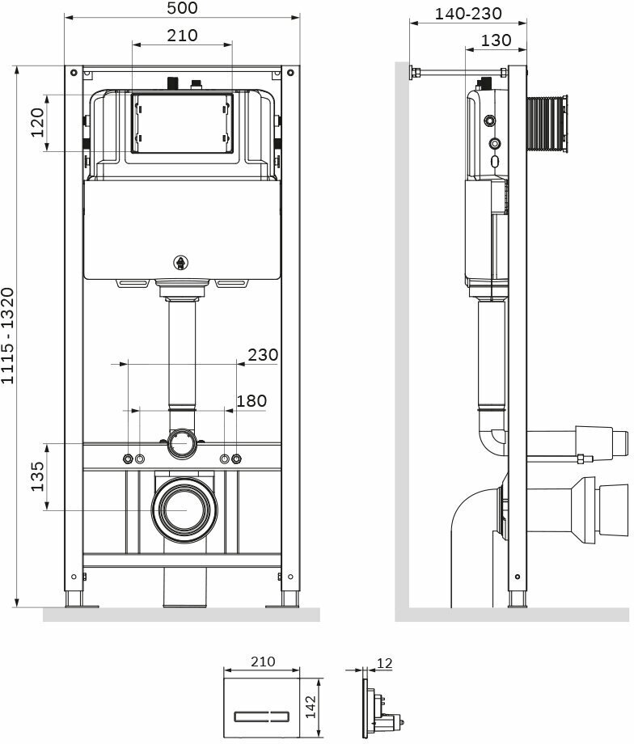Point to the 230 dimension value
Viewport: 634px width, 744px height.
[262, 354]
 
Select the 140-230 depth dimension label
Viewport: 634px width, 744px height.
[468, 13]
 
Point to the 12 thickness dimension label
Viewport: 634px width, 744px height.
[384, 663]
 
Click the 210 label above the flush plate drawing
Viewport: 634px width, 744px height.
[262, 661]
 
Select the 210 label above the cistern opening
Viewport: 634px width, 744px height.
[181, 36]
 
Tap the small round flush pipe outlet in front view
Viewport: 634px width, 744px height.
[182, 443]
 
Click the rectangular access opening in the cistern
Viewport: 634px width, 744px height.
[182, 124]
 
